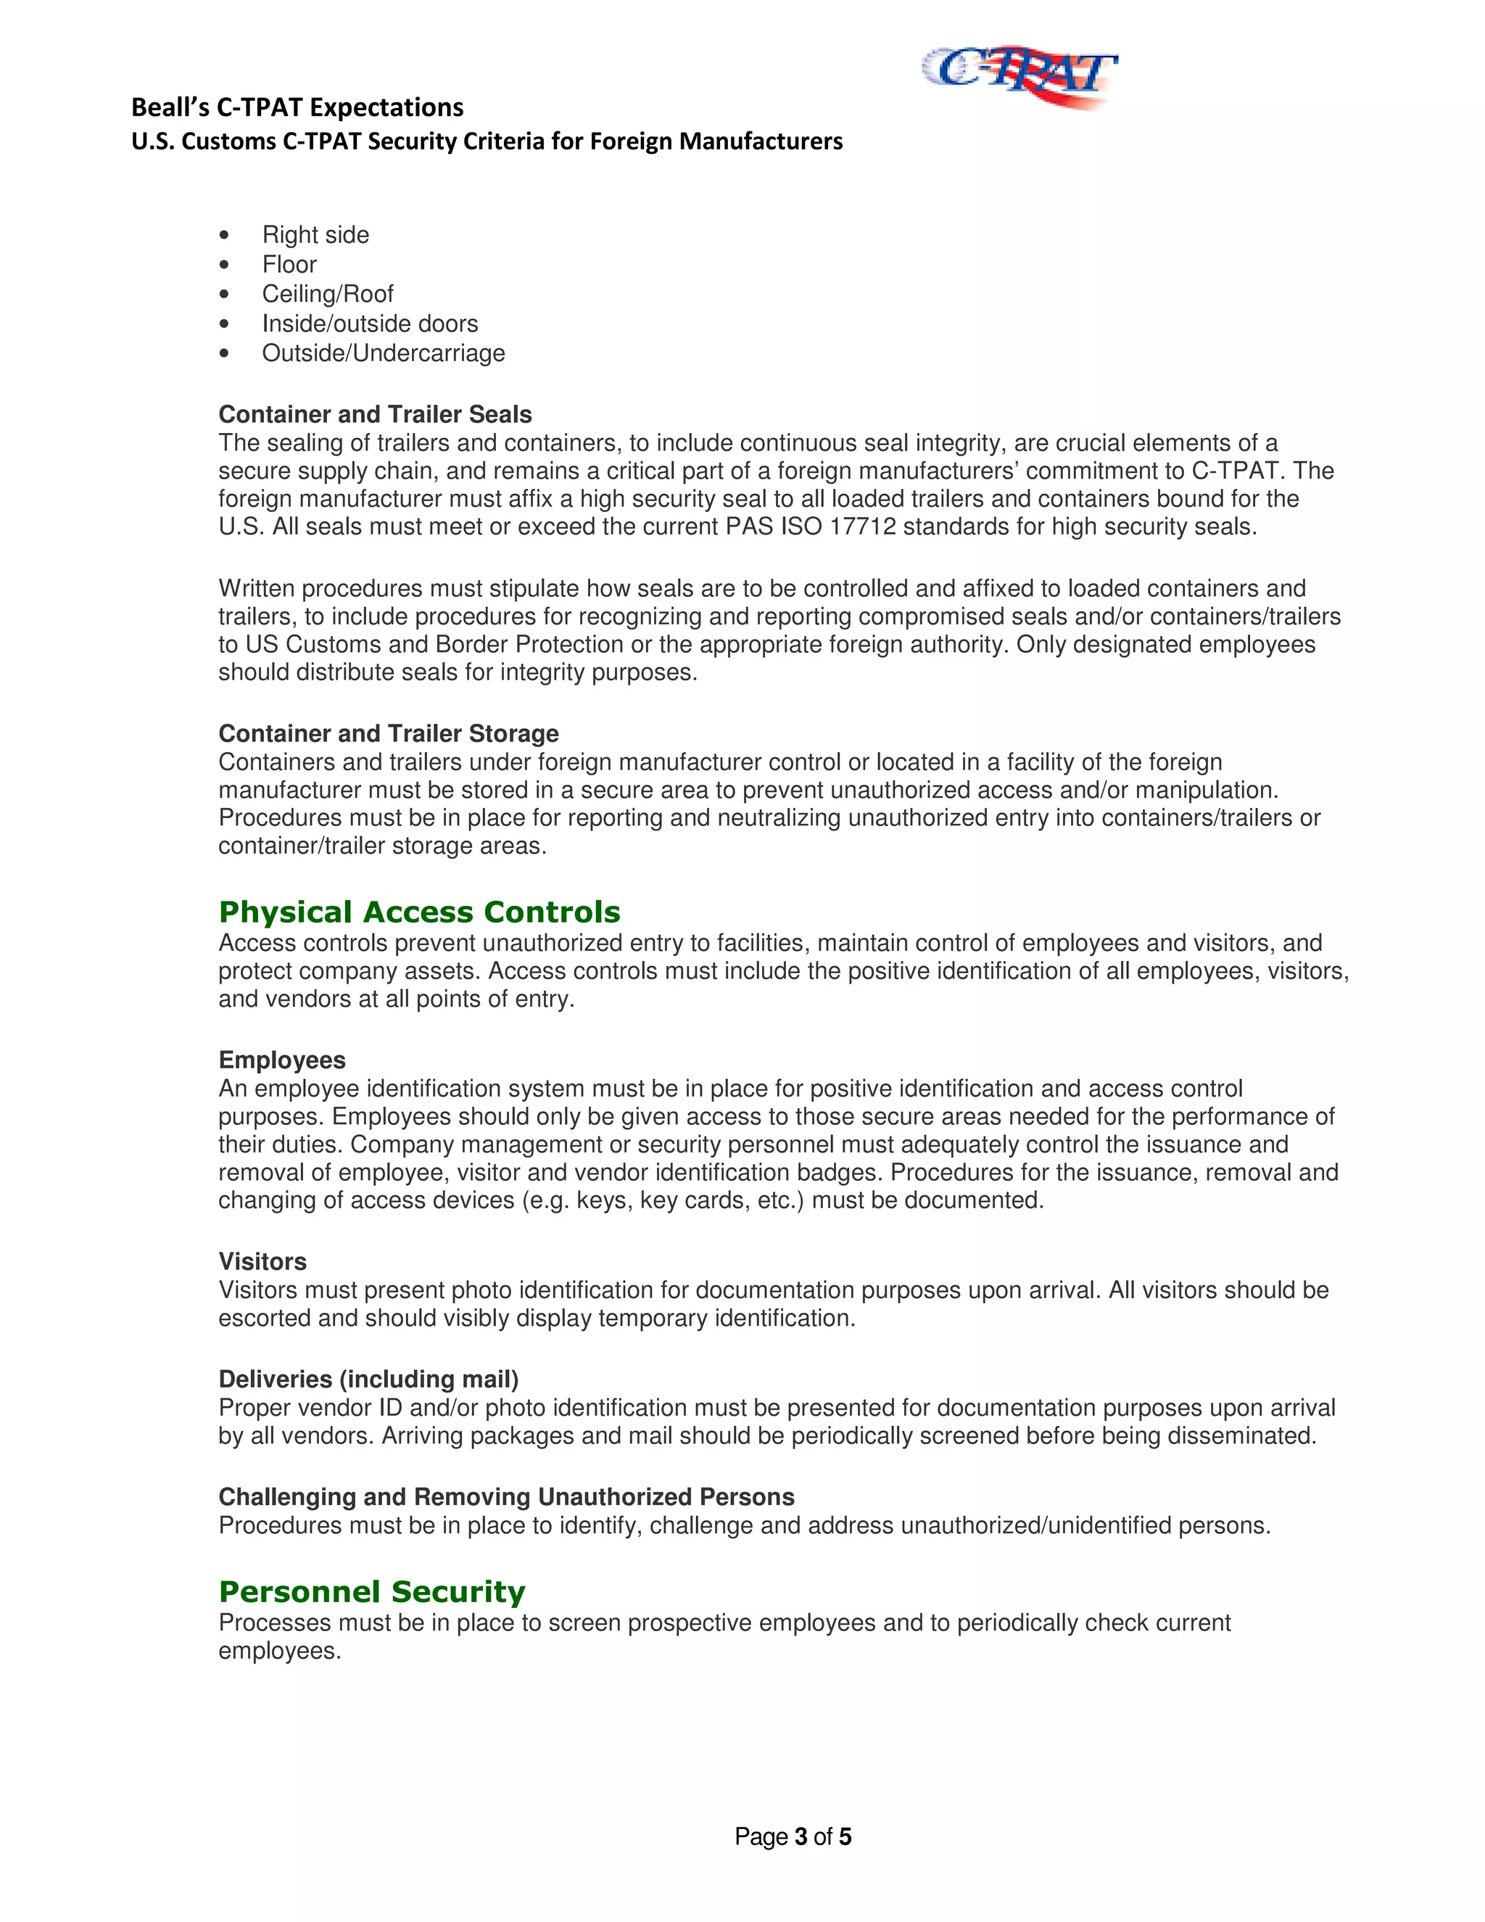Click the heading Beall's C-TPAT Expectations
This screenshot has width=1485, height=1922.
(297, 107)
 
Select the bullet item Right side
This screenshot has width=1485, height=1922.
(315, 235)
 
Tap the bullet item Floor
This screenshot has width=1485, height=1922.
(289, 264)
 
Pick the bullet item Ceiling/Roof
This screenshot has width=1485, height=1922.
(327, 294)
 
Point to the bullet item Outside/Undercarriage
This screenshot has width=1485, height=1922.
(383, 353)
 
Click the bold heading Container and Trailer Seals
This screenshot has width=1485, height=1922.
(375, 414)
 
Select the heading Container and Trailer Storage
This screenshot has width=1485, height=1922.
(388, 733)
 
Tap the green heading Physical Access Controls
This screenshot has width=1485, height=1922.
(419, 912)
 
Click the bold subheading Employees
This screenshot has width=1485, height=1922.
(281, 1060)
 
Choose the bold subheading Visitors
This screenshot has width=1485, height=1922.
(262, 1261)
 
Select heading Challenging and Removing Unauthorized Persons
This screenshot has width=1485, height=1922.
(506, 1497)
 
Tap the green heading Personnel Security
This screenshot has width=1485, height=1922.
(371, 1591)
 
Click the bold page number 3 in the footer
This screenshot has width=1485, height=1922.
(801, 1836)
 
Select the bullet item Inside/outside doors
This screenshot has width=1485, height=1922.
(370, 324)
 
